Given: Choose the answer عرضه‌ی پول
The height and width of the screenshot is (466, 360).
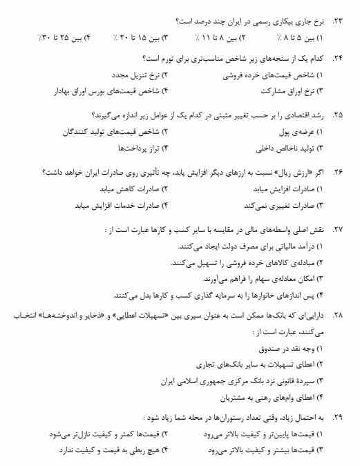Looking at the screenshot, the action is coord(298,130).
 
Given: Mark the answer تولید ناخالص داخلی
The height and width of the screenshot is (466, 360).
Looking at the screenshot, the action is coord(283,146).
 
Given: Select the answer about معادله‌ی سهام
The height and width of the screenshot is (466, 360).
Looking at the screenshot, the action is coord(257,279).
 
